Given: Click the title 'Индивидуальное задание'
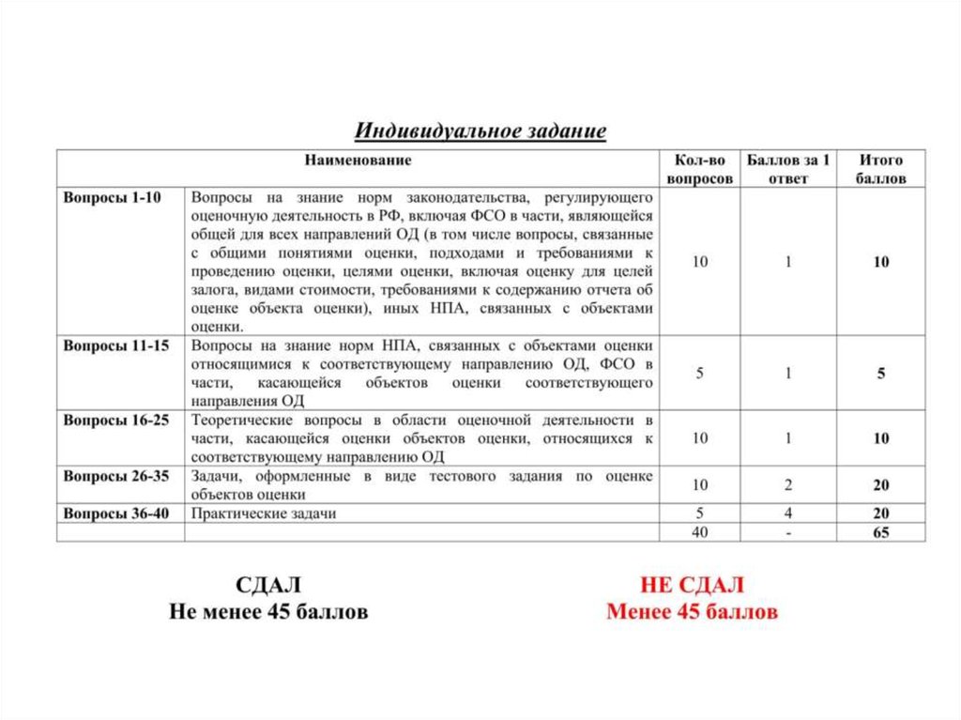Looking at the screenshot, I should [480, 130].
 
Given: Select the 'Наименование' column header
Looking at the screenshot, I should [358, 161].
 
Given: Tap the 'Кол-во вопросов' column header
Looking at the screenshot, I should [700, 169].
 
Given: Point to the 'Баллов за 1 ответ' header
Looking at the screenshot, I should [788, 169].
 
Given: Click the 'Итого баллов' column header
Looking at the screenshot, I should [880, 169].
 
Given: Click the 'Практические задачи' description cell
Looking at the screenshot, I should [264, 513].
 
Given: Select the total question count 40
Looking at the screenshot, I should [700, 532].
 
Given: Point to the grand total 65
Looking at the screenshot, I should [880, 532].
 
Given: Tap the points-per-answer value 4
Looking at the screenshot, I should [788, 513].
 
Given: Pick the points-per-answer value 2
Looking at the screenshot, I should [788, 485].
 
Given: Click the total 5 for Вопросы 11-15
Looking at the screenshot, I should [881, 374].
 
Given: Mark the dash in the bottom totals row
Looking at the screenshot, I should [788, 532].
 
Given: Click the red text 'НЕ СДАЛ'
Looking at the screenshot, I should [692, 586].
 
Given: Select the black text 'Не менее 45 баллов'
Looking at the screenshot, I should [268, 613].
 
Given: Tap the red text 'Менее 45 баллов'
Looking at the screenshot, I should [692, 613].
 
